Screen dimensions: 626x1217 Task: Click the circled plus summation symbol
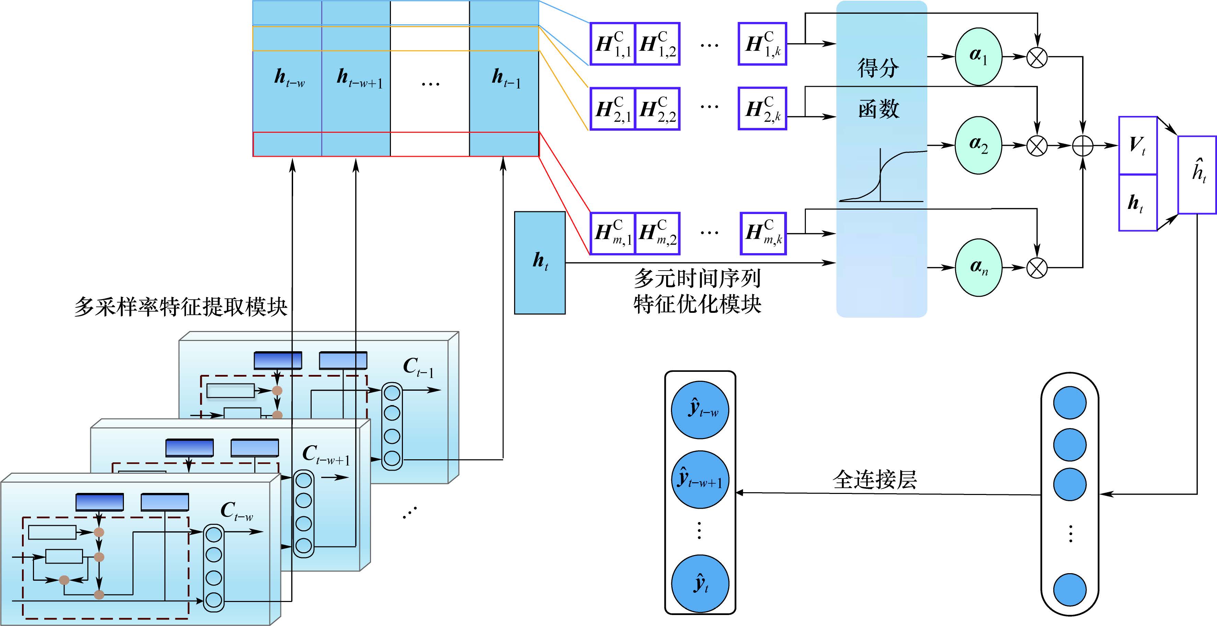[x=1083, y=145]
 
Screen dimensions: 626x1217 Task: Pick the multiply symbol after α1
[x=1037, y=57]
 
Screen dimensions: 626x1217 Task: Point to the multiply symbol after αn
[x=1037, y=268]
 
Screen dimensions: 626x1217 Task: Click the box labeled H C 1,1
[x=613, y=44]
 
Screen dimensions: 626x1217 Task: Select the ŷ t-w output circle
[x=700, y=409]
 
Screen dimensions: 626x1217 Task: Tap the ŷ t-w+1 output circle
[x=700, y=479]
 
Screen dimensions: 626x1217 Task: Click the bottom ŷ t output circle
[x=700, y=583]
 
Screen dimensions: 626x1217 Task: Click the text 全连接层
[x=874, y=480]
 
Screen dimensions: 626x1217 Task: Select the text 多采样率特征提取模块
[x=181, y=307]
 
